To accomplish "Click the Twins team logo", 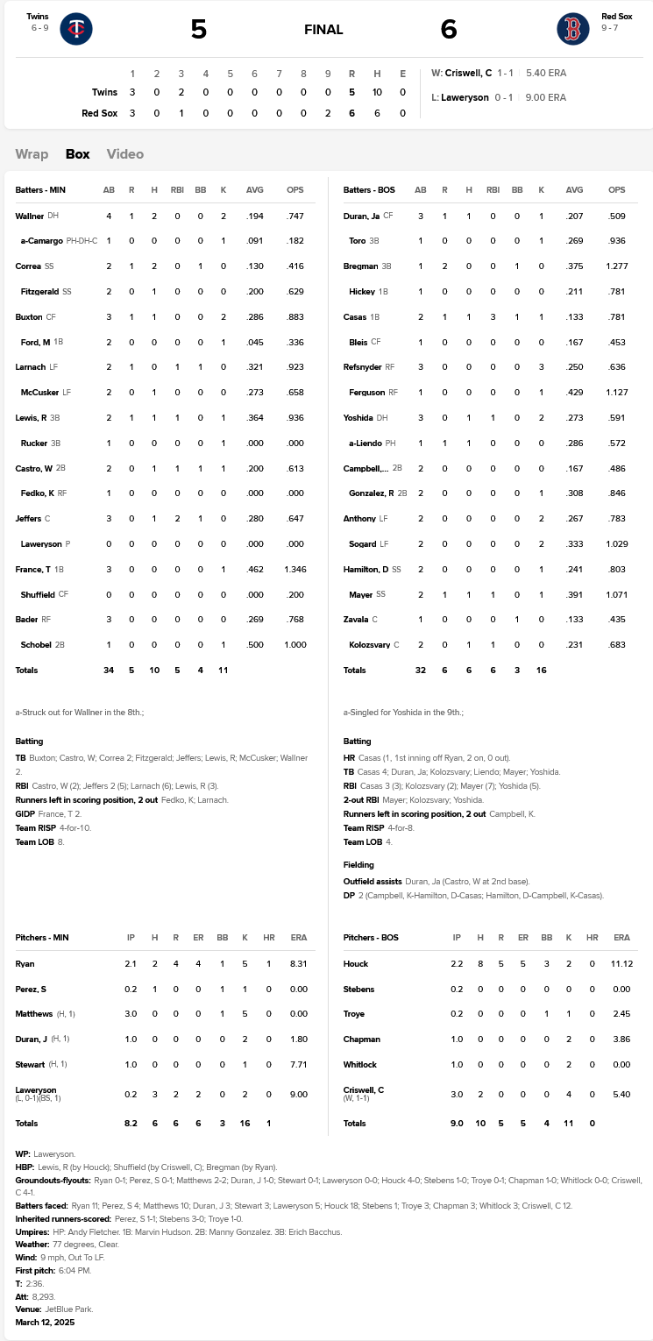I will (x=76, y=29).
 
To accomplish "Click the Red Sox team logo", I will (x=572, y=29).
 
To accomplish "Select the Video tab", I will (x=124, y=154).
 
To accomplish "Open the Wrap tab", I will (x=32, y=154).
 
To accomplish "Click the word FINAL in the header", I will (x=323, y=30).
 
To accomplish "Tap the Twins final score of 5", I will (x=199, y=30).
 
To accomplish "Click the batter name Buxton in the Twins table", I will (x=30, y=316).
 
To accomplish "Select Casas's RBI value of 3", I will (x=493, y=316).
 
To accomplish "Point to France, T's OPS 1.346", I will (x=295, y=570).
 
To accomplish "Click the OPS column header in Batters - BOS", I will (x=616, y=190).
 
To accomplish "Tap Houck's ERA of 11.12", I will (x=621, y=964).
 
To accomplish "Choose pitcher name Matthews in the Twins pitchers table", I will (x=35, y=1014).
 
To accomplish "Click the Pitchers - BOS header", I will (x=371, y=938).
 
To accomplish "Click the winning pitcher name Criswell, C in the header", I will (x=468, y=73).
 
